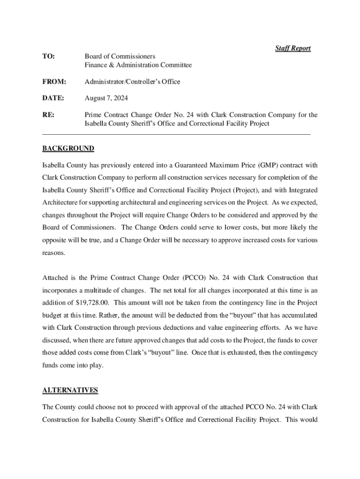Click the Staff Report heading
point(293,48)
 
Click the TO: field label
point(49,57)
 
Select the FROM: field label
point(54,82)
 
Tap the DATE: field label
point(53,98)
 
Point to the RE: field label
point(48,115)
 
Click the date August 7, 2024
point(106,98)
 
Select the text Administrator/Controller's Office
point(132,82)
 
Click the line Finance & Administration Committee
point(138,65)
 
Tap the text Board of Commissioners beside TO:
point(120,57)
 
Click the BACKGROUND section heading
point(68,149)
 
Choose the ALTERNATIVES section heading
point(70,390)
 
